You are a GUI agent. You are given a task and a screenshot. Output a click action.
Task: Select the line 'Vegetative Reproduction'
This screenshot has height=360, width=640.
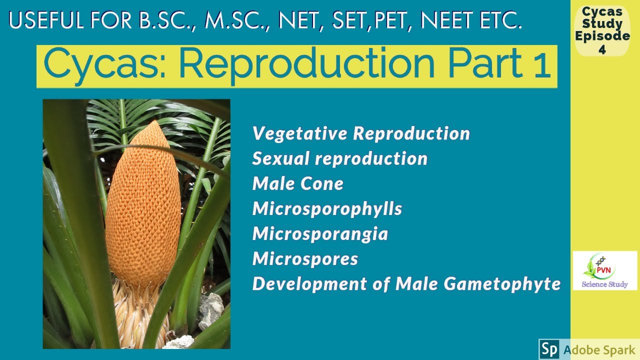coord(361,133)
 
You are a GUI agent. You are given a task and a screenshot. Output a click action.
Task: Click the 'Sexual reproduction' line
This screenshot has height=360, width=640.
coord(340,158)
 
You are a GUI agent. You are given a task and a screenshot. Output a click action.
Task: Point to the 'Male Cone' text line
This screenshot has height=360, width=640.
coord(298,183)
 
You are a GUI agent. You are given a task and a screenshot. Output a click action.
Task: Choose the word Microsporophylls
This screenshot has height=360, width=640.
coord(327,208)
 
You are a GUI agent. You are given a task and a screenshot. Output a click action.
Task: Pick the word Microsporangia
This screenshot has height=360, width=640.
coord(320,233)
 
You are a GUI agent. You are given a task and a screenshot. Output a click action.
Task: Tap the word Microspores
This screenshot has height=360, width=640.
coord(305,258)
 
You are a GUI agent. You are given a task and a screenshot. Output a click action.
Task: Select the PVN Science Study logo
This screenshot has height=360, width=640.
coord(604,270)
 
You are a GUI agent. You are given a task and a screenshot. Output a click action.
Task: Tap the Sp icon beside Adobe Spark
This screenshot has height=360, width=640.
coord(549,349)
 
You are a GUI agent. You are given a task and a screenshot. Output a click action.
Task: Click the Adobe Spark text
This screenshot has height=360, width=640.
coord(599,349)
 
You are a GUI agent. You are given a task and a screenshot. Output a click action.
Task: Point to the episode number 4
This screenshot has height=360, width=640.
coord(602,50)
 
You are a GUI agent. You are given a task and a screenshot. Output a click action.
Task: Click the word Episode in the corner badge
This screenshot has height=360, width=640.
coord(602,36)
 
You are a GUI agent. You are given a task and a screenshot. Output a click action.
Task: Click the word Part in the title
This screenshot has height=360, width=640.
coord(477,65)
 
